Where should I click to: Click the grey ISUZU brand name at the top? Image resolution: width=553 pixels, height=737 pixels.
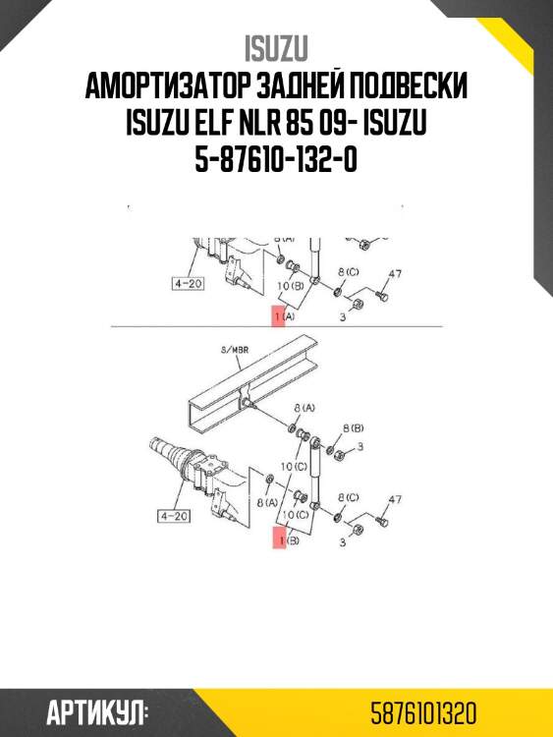tap(276, 48)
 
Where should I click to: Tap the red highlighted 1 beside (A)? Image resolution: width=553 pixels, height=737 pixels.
tap(278, 316)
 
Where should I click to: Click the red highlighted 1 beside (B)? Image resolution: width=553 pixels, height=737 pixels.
tap(279, 539)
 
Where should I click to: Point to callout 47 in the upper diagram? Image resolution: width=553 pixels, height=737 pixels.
tap(396, 274)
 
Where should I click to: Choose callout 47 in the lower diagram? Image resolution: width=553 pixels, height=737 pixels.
tap(395, 499)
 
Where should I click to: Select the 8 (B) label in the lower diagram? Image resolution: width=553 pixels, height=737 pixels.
tap(353, 429)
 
